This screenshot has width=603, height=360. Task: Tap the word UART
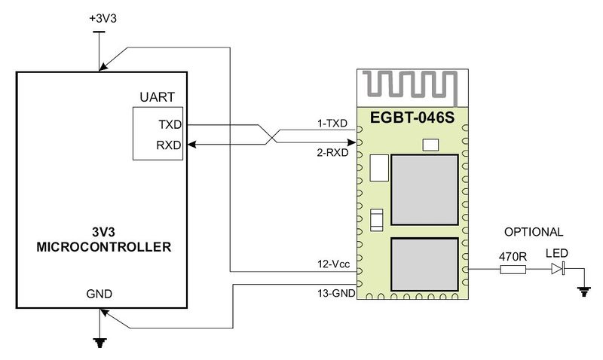pos(157,98)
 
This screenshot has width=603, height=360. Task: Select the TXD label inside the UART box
pos(170,124)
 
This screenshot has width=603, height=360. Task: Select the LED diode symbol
pos(558,269)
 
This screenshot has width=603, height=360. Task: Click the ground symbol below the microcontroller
pos(99,342)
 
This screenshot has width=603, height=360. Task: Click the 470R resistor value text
pos(513,255)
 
